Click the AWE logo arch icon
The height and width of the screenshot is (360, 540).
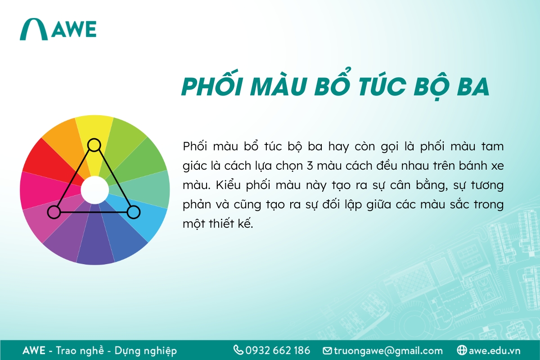pos(34,30)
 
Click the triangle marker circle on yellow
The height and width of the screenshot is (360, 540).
pos(94,145)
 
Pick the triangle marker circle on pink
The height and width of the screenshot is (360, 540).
pos(54,211)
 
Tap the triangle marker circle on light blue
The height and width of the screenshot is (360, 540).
pos(133,211)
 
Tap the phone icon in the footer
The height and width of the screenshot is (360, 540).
pos(238,350)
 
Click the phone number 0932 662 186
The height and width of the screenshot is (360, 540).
pos(278,350)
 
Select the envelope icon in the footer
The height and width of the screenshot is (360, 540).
pos(327,351)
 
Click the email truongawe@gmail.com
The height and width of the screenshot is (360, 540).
pos(388,351)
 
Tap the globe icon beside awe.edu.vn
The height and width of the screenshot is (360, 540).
pos(461,350)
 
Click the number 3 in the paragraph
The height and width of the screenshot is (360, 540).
pos(309,166)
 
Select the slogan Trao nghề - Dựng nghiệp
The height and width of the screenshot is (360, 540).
pos(116,351)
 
